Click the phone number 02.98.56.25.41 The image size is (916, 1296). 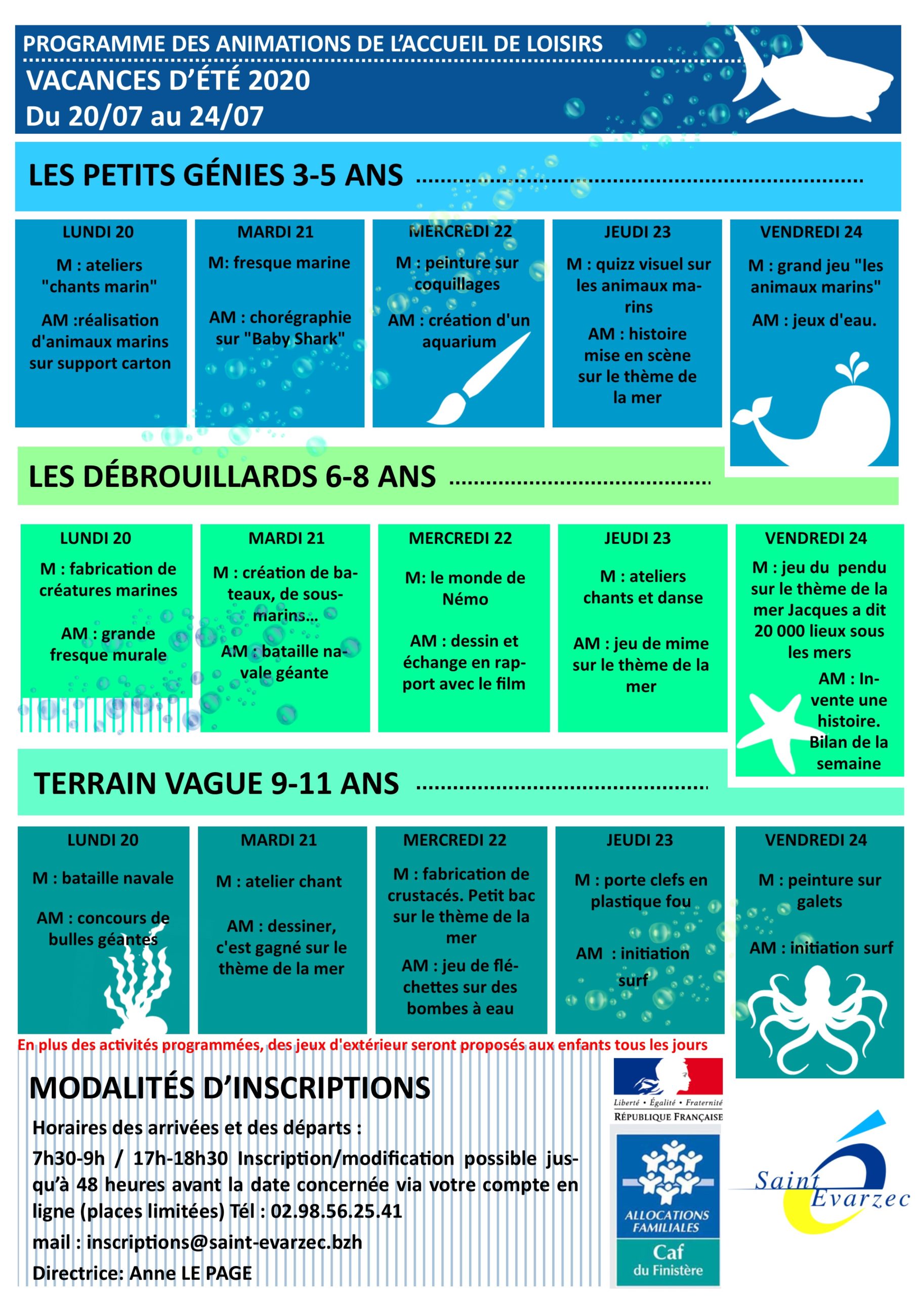pos(337,1211)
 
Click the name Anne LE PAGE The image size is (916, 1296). pos(191,1273)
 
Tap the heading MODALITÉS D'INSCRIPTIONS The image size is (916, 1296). pos(229,1088)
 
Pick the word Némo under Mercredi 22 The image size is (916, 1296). pos(465,599)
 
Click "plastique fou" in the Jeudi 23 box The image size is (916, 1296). pos(640,902)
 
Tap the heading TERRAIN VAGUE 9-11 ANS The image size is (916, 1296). pos(216,784)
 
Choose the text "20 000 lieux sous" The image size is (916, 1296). pos(818,631)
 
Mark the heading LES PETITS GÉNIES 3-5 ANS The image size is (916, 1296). pos(216,175)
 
